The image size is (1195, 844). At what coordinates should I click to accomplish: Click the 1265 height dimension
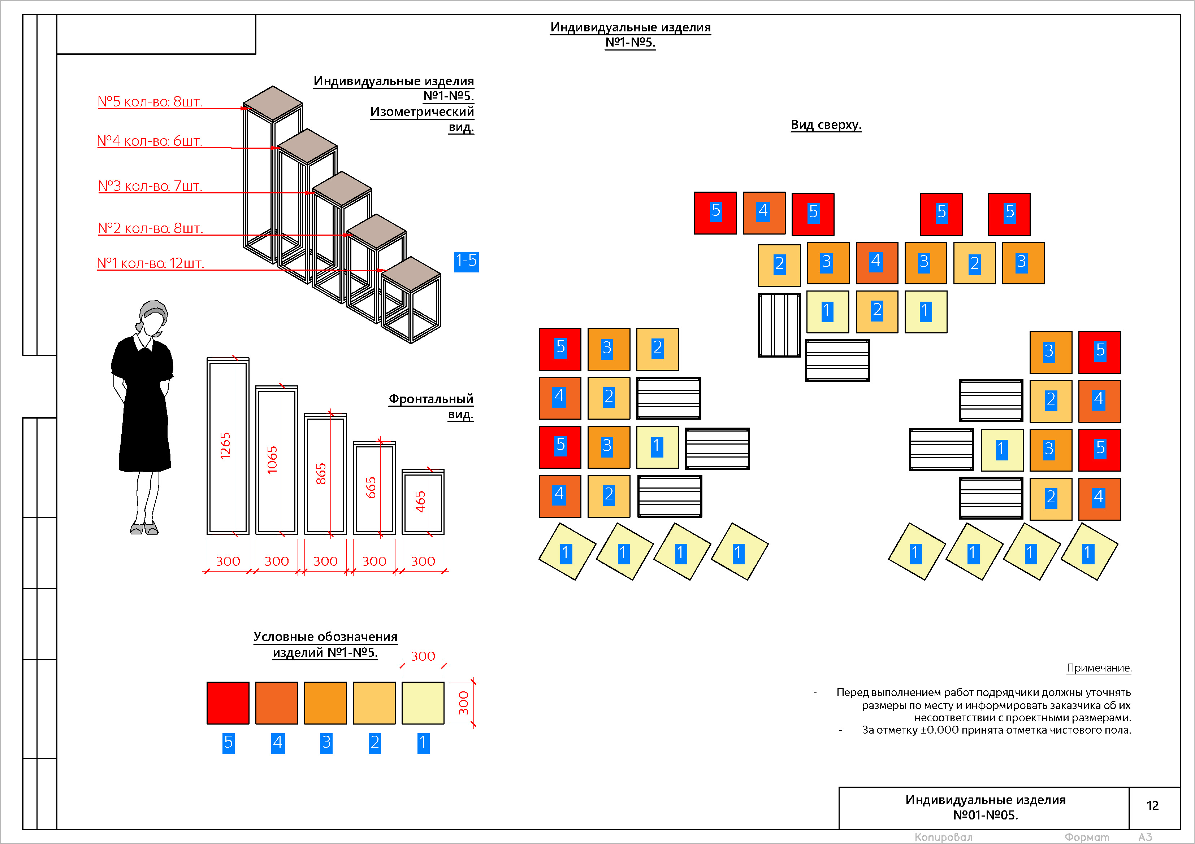coord(225,446)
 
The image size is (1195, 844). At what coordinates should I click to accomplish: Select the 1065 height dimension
coord(272,460)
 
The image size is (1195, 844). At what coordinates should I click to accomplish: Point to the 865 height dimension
coord(321,474)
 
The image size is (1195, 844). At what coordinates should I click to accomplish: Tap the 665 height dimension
coord(371,488)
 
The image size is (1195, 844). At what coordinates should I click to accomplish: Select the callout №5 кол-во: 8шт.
coord(150,101)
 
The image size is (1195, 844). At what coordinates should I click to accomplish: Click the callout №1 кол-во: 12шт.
coord(151,263)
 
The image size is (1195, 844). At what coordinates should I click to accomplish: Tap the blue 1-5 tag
coord(466,261)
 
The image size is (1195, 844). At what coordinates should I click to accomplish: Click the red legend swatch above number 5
coord(228,703)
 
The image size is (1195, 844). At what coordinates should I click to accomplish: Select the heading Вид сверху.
coord(826,125)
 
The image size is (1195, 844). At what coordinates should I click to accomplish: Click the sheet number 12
coord(1152,805)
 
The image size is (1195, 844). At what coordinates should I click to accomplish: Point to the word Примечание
coord(1099,668)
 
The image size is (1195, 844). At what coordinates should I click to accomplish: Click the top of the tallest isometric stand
coord(273,104)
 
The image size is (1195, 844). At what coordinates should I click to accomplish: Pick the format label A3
coord(1145,837)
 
